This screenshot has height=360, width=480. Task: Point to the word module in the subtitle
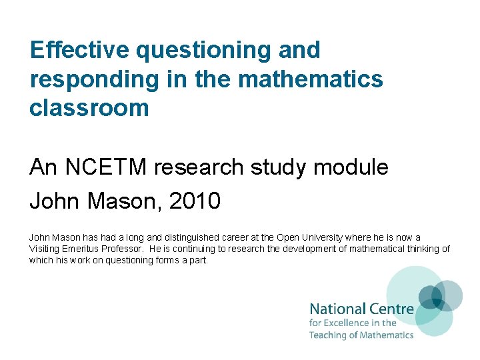[354, 168]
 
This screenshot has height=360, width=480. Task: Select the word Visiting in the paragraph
[45, 249]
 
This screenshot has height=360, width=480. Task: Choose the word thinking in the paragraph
[421, 249]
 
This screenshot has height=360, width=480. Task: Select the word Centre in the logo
[392, 309]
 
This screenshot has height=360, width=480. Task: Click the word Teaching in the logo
[327, 335]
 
